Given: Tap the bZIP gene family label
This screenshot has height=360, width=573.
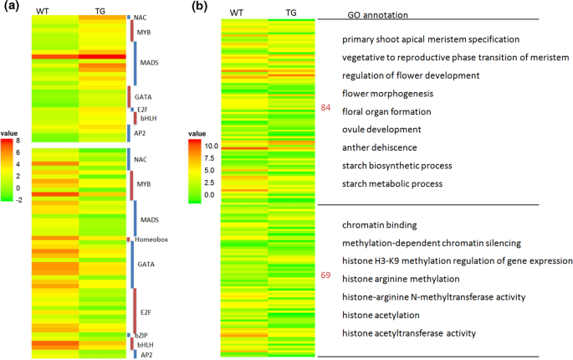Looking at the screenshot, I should pyautogui.click(x=143, y=335).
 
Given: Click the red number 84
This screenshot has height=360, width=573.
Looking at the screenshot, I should pyautogui.click(x=326, y=108).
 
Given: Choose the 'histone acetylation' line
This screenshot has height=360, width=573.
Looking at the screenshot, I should pyautogui.click(x=386, y=315).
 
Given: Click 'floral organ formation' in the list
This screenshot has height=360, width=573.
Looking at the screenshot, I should pyautogui.click(x=386, y=111).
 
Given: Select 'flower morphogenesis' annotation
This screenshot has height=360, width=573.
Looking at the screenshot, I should pyautogui.click(x=386, y=93).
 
